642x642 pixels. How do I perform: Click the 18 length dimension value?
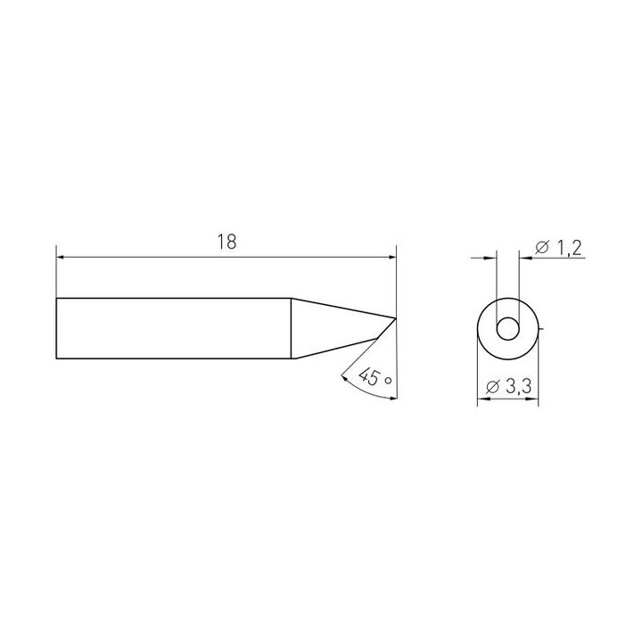pos(226,242)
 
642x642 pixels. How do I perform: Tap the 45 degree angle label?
pos(374,376)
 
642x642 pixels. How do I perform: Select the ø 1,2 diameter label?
pos(558,248)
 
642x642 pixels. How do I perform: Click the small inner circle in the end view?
pos(508,329)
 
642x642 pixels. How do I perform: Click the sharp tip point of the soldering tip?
pos(396,318)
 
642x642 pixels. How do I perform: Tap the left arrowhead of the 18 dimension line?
pos(61,258)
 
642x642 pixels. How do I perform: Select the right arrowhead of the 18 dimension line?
pos(392,258)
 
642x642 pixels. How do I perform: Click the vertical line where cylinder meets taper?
pos(291,328)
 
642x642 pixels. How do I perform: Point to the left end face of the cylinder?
pos(56,328)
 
